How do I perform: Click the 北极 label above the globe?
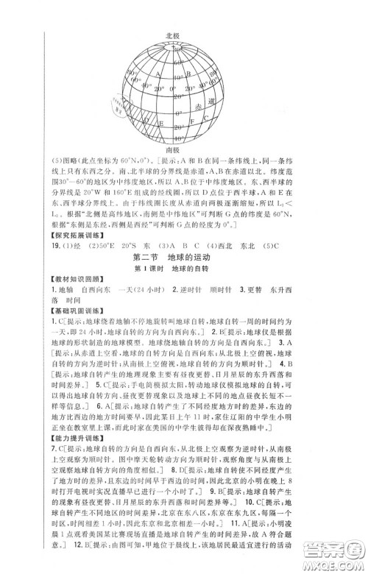pyautogui.click(x=173, y=35)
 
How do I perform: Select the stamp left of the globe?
pyautogui.click(x=116, y=106)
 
